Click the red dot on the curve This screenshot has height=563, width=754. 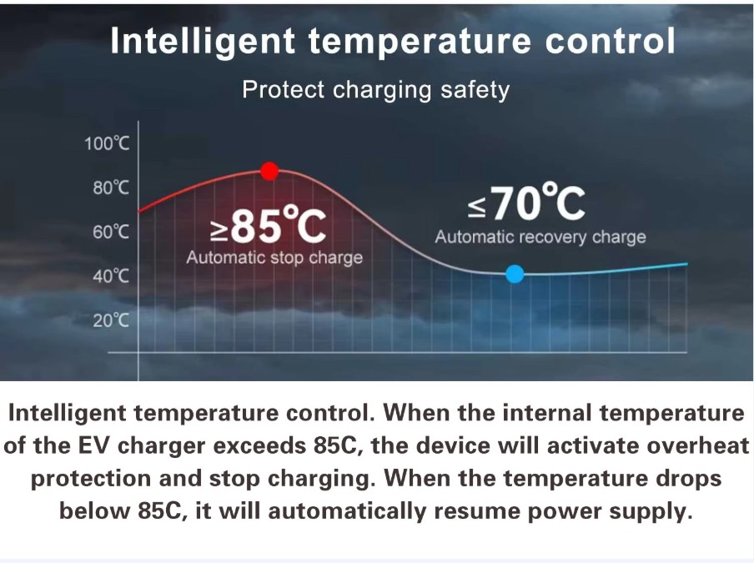(269, 171)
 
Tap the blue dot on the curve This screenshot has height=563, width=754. (515, 274)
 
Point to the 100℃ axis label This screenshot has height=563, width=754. (107, 143)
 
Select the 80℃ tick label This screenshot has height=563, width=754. (111, 188)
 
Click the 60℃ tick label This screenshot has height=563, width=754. (111, 232)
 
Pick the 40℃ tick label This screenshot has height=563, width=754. (111, 276)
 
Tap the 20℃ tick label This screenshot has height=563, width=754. (111, 319)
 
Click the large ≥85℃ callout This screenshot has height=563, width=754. (269, 225)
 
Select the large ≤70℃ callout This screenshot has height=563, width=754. (526, 203)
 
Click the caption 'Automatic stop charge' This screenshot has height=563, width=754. (274, 258)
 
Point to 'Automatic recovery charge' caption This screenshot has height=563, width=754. (540, 237)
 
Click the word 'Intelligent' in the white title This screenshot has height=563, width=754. (203, 42)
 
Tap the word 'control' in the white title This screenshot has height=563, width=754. (611, 40)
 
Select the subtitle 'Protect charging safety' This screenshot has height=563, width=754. (375, 90)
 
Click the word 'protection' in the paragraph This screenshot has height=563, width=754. (91, 479)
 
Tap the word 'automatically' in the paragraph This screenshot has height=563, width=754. (347, 511)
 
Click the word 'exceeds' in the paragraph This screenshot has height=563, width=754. (259, 445)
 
